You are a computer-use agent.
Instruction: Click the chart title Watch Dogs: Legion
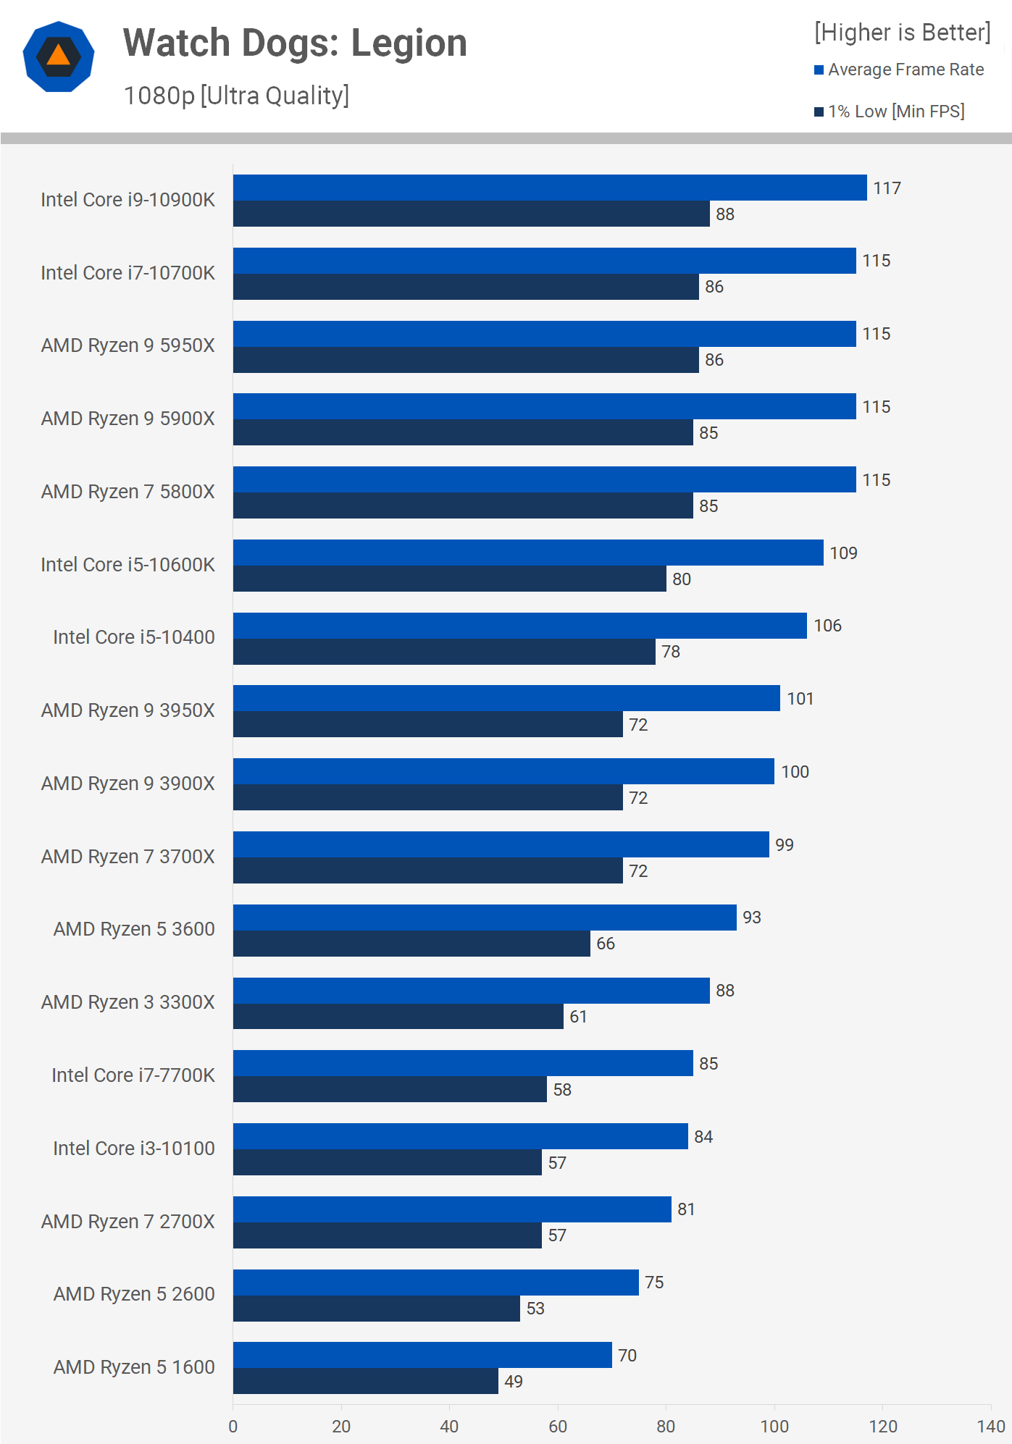[295, 43]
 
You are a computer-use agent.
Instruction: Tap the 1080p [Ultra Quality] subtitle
[236, 96]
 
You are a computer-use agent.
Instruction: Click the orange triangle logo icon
[59, 56]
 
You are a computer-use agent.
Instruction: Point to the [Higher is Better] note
[902, 33]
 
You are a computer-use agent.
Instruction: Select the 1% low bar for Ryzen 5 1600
[365, 1381]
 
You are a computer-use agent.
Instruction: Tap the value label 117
[887, 188]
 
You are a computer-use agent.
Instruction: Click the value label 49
[514, 1382]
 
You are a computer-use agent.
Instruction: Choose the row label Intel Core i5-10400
[134, 637]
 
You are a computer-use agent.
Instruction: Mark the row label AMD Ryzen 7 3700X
[128, 857]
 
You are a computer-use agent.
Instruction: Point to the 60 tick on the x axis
[558, 1426]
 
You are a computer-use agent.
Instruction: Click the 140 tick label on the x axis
[990, 1426]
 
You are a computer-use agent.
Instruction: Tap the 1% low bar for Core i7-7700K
[390, 1089]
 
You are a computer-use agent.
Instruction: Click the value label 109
[843, 553]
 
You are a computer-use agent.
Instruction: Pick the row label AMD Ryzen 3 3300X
[128, 1002]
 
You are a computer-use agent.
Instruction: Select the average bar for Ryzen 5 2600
[435, 1283]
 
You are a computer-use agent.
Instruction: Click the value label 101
[800, 699]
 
